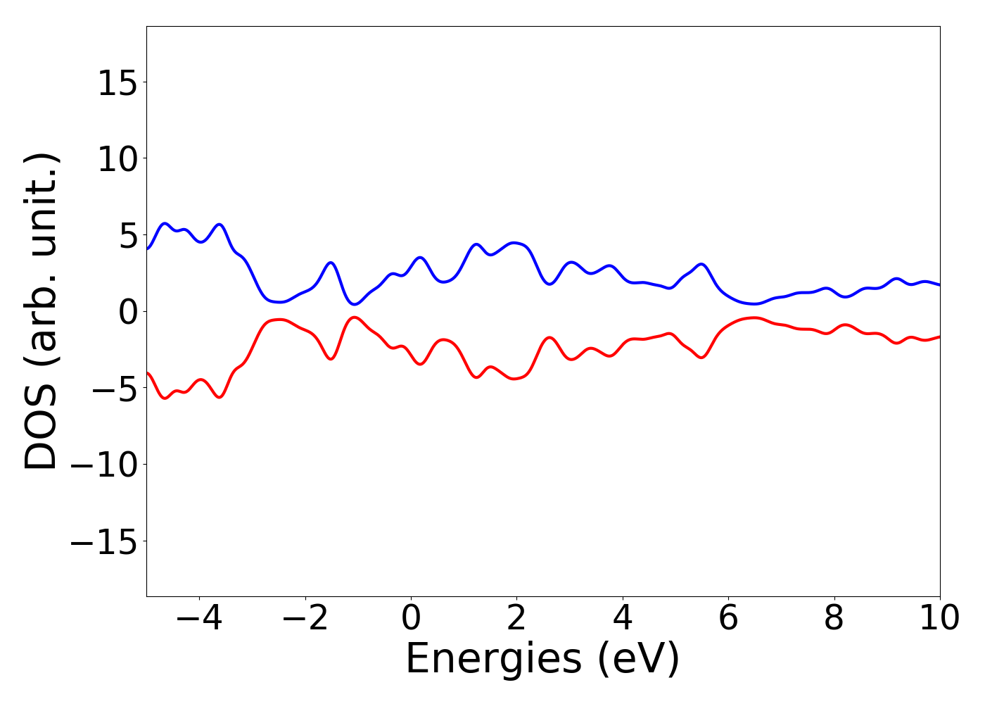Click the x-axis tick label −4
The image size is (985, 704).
191,618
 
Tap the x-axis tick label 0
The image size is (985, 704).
411,618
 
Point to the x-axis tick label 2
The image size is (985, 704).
516,618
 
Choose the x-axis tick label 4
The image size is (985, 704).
623,618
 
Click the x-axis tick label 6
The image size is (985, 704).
728,618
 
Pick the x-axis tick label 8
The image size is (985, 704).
834,618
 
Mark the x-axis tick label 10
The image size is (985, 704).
939,618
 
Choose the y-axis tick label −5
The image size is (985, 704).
113,389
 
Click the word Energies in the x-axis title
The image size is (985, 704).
494,659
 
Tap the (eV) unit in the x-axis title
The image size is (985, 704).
639,659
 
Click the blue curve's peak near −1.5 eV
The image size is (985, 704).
330,263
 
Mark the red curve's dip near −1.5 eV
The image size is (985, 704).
330,359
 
